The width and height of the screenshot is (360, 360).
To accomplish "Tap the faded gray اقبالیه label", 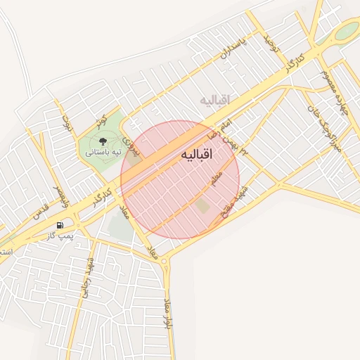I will point(215,100).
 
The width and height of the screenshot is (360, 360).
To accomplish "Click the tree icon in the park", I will point(104,140).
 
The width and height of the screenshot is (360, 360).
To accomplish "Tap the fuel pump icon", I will point(60,226).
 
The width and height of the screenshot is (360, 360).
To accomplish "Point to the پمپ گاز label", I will point(60,235).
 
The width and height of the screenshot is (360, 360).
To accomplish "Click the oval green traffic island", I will point(346,31).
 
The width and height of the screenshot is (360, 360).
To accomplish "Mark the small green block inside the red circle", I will point(202,206).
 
